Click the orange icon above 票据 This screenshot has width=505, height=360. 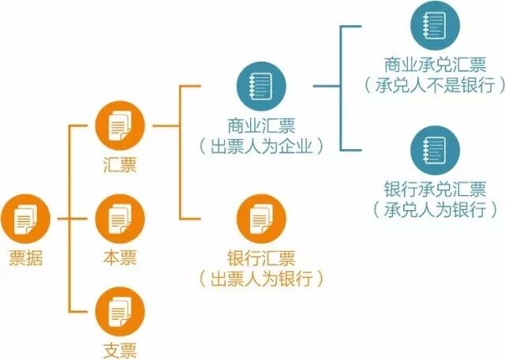coord(25,218)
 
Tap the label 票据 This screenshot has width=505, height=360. coord(26,257)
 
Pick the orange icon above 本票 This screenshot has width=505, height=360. coord(120,218)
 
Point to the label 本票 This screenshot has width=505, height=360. coord(120,257)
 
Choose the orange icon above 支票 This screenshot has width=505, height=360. coord(120,311)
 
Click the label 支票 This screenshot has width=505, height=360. coord(120,350)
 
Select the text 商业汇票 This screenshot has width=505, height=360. coord(261,126)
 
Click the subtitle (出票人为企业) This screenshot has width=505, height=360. coord(261,146)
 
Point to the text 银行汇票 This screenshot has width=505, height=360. coord(261,258)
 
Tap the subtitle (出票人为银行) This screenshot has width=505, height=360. coord(261,279)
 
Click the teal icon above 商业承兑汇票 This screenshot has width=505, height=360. coord(435,25)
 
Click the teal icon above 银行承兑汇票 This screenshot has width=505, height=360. coord(435,149)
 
